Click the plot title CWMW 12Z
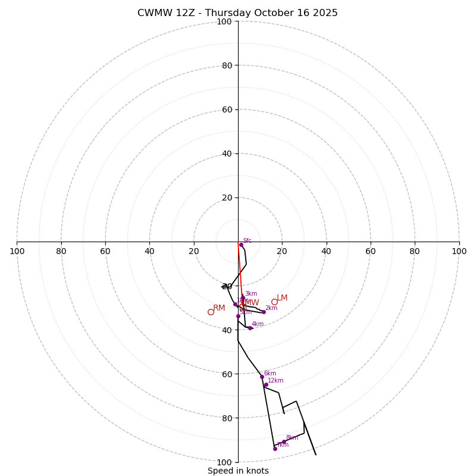pos(237,13)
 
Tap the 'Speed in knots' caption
pos(238,471)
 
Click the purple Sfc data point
pos(241,245)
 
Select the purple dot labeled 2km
pos(264,312)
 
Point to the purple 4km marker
pos(250,328)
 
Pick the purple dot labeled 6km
pos(262,377)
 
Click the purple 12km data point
pos(266,384)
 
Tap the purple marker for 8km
pos(284,442)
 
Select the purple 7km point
pos(275,449)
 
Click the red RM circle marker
pos(211,312)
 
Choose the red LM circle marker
pos(274,302)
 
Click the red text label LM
pos(282,298)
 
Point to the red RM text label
pos(219,308)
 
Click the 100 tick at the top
pos(224,21)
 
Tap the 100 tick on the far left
pos(17,251)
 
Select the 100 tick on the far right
pos(459,251)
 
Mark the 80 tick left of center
pos(61,251)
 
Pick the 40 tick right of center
pos(326,251)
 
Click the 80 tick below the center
pos(226,418)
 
